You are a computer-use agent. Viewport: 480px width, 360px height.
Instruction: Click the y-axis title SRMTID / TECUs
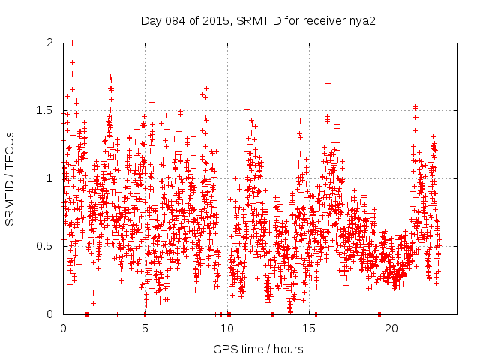10,178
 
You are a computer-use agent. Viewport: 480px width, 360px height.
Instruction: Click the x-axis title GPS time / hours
258,349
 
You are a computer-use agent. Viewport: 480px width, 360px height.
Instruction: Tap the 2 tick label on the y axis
50,43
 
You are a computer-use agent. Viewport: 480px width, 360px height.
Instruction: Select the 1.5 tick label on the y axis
46,110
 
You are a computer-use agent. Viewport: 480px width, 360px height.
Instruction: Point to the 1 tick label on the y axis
50,178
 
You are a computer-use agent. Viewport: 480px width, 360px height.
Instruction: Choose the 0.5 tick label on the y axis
46,246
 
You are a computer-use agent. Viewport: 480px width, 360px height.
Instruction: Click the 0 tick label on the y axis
50,313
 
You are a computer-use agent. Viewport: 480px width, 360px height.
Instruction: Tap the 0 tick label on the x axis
63,328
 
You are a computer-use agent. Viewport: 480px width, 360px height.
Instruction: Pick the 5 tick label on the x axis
145,328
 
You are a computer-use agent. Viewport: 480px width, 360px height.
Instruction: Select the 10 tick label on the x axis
227,328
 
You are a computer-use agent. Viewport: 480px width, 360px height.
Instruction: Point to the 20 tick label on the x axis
391,328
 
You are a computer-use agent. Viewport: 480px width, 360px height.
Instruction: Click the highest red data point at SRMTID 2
72,43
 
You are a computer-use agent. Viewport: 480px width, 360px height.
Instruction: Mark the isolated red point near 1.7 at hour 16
328,82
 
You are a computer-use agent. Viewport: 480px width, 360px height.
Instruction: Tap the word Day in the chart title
151,20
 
